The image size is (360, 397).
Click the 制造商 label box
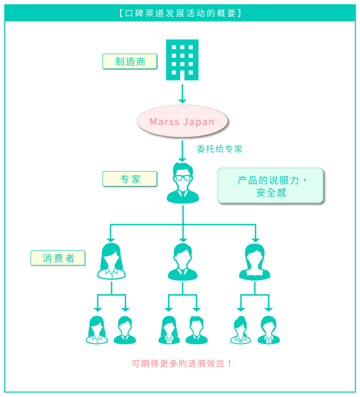[x=129, y=61]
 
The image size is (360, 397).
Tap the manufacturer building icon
[x=182, y=60]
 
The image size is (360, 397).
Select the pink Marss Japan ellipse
[x=183, y=122]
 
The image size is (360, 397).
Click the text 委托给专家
[x=220, y=149]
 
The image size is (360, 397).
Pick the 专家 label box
[x=129, y=179]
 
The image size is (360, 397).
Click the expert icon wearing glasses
[x=183, y=183]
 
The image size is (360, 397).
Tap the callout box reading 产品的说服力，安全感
[x=270, y=186]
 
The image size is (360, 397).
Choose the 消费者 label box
[x=58, y=258]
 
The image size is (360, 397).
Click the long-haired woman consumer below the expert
[x=111, y=261]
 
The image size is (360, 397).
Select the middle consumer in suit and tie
[x=183, y=261]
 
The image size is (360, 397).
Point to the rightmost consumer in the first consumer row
[x=255, y=261]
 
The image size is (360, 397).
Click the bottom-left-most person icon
[x=97, y=329]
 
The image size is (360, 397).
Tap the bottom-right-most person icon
[x=268, y=329]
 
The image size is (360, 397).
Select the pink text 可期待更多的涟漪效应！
[x=182, y=364]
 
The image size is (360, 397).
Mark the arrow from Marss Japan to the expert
[x=183, y=151]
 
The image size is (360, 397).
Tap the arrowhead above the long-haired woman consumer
[x=111, y=239]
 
